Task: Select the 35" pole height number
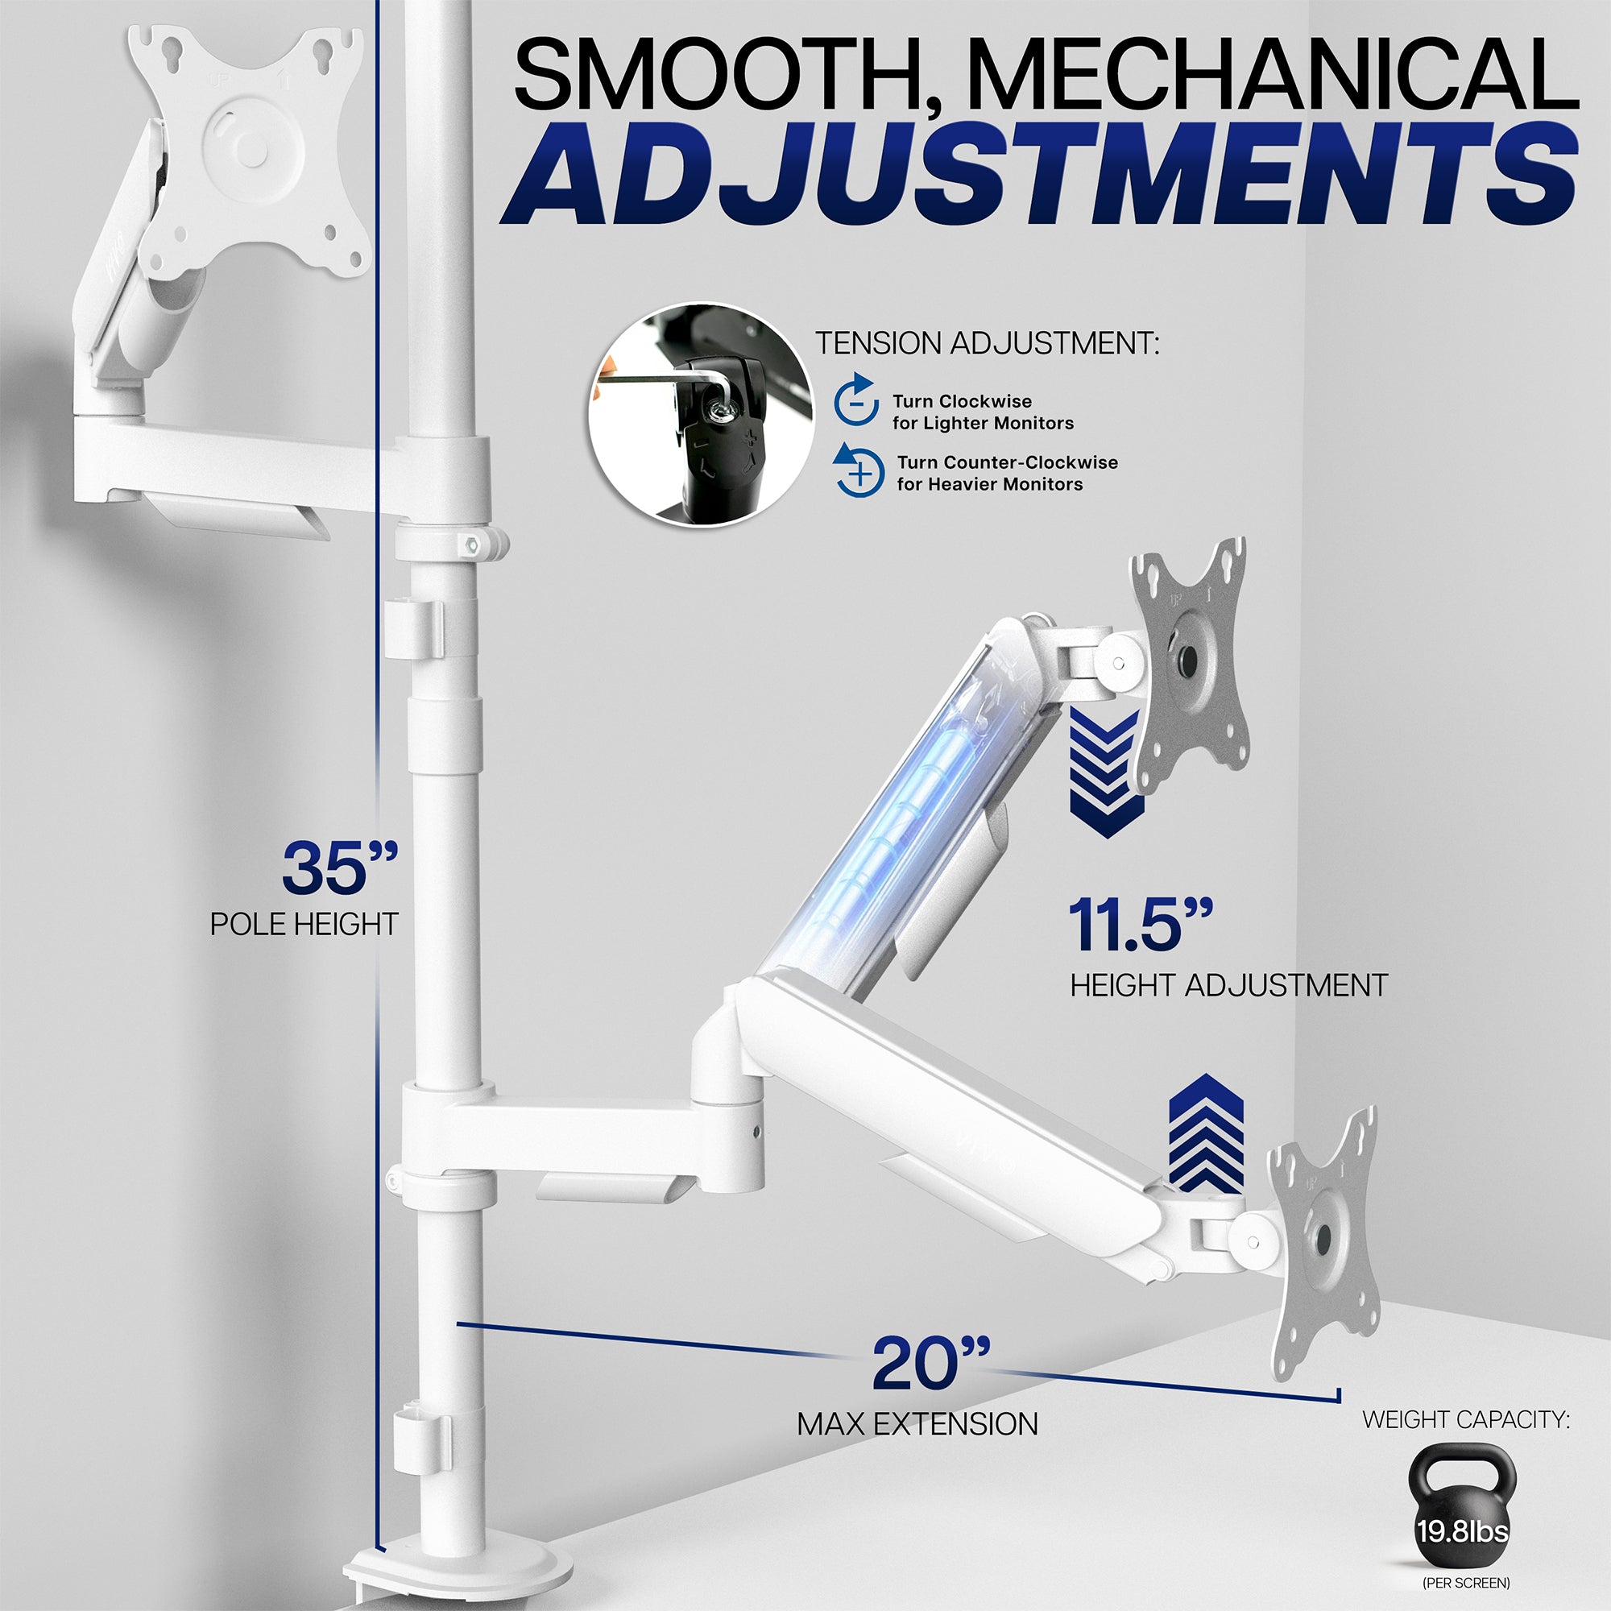pyautogui.click(x=338, y=868)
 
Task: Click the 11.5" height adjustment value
pyautogui.click(x=1139, y=926)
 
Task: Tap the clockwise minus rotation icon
pyautogui.click(x=855, y=402)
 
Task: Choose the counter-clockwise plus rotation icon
pyautogui.click(x=859, y=472)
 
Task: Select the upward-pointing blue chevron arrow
pyautogui.click(x=1206, y=1135)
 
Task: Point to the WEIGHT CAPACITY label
pyautogui.click(x=1466, y=1419)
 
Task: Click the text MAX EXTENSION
pyautogui.click(x=917, y=1424)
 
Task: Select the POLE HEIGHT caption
pyautogui.click(x=304, y=924)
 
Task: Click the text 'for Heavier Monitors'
pyautogui.click(x=990, y=484)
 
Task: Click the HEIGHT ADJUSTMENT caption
pyautogui.click(x=1228, y=986)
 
